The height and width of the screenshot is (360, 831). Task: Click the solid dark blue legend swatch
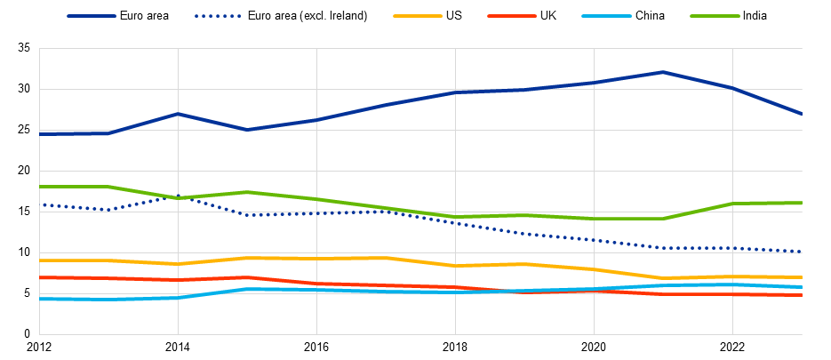(x=92, y=16)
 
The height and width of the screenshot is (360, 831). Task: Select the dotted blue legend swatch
(x=219, y=16)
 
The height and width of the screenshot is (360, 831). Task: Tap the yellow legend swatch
(x=418, y=16)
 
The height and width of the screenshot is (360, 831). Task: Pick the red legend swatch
(x=512, y=16)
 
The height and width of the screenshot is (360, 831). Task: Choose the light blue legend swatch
(x=606, y=16)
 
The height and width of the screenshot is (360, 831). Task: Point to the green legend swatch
(x=715, y=16)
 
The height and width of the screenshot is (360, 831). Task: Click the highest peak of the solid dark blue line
(x=663, y=72)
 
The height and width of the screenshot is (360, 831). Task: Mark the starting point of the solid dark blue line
(x=40, y=134)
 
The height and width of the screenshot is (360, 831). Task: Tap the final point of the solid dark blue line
(x=802, y=114)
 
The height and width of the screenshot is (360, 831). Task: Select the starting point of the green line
(x=40, y=187)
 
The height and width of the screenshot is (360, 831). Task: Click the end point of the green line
(x=802, y=204)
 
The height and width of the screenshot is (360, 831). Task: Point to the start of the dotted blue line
(x=40, y=205)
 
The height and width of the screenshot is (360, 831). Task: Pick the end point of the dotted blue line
(x=802, y=252)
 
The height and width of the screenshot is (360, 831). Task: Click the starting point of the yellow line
(x=40, y=260)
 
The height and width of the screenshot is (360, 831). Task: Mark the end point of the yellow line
(x=802, y=277)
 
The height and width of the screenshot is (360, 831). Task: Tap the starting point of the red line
(x=40, y=277)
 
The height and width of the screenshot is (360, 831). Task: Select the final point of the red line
(x=802, y=294)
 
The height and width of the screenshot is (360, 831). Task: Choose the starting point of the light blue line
(x=40, y=300)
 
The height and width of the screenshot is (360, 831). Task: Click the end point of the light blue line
(x=802, y=287)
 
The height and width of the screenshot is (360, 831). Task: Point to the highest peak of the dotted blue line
(x=178, y=196)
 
